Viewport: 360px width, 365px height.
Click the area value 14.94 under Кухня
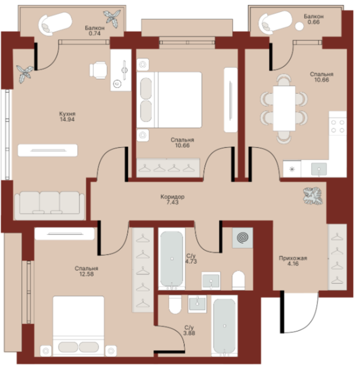(x=67, y=119)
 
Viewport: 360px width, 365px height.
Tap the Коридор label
(x=172, y=197)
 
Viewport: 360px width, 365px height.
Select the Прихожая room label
(x=293, y=258)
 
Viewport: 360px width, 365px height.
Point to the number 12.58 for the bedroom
(x=86, y=274)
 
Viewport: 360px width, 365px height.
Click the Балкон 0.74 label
(x=94, y=31)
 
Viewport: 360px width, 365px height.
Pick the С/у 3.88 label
(x=189, y=330)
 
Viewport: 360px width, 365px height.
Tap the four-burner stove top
(x=338, y=126)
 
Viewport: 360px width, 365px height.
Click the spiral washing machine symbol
(x=242, y=238)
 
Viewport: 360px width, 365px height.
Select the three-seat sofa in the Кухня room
(x=50, y=206)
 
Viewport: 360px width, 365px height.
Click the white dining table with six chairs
(x=284, y=108)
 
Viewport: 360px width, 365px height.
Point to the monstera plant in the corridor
(x=313, y=196)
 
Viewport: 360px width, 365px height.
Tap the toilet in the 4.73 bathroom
(x=238, y=280)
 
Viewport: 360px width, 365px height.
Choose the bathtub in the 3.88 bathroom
(x=225, y=326)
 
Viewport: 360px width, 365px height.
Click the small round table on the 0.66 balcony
(x=299, y=26)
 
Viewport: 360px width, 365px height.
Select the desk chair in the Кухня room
(x=98, y=70)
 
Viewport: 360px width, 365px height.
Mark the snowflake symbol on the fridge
(x=292, y=169)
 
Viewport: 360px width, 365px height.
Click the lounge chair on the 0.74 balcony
(x=55, y=24)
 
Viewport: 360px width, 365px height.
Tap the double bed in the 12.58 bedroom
(x=78, y=326)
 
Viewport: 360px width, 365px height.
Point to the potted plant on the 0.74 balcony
(x=112, y=18)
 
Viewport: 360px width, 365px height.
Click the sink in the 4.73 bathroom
(x=211, y=280)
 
